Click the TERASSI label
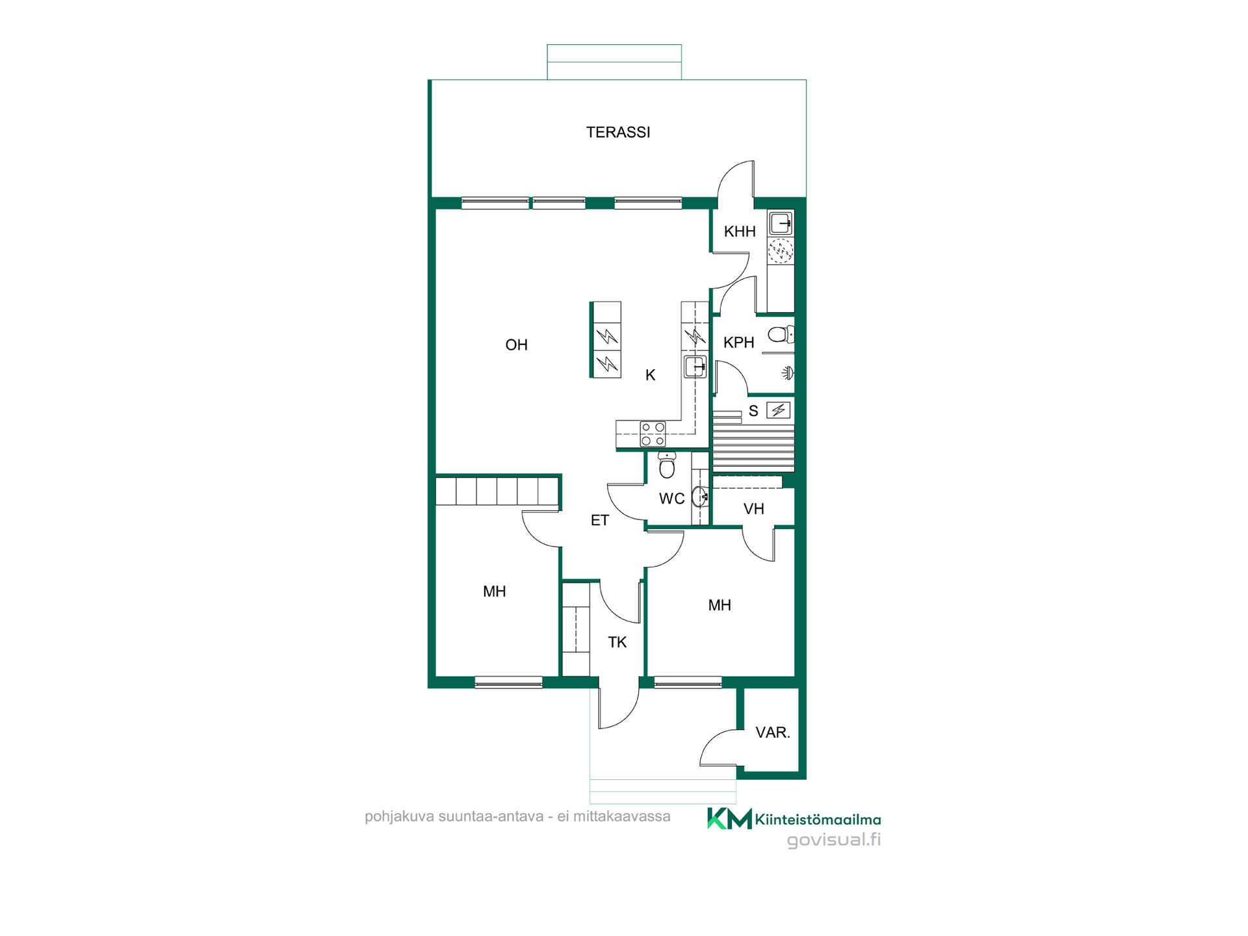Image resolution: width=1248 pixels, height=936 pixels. (617, 133)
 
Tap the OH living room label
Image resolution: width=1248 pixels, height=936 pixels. (517, 345)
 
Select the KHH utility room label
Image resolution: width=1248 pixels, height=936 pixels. (740, 231)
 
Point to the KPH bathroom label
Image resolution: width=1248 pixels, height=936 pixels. (739, 343)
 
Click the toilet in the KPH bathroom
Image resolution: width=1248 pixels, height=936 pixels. (781, 335)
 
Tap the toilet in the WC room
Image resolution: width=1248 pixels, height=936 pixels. (667, 465)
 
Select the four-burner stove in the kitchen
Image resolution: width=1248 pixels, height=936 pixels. (653, 434)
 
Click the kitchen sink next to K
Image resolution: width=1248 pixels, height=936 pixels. (695, 367)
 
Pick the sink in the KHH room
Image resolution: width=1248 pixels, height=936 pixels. (781, 223)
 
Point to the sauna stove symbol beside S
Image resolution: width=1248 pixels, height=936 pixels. (778, 410)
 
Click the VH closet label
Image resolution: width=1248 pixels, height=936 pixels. (753, 509)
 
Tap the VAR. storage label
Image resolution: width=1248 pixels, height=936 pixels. (773, 733)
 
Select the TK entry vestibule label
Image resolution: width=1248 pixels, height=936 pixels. (617, 643)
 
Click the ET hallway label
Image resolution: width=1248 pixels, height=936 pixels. (599, 521)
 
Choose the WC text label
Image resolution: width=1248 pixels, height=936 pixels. (671, 499)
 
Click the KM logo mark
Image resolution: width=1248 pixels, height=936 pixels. (729, 818)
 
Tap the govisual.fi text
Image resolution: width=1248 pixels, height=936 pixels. (834, 840)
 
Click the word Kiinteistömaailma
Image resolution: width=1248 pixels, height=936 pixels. (818, 820)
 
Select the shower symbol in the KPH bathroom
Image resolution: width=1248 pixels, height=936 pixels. (788, 373)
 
